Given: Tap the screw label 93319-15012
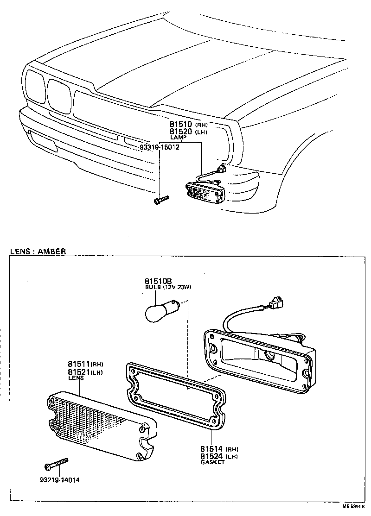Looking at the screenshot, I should pyautogui.click(x=159, y=147).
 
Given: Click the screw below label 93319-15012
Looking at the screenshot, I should pyautogui.click(x=160, y=200).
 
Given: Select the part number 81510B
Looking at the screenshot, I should pyautogui.click(x=158, y=281).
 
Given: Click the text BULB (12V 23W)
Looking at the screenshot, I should pyautogui.click(x=168, y=287).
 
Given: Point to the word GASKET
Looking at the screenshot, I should pyautogui.click(x=212, y=462).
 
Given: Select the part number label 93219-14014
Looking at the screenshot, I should pyautogui.click(x=59, y=480).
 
